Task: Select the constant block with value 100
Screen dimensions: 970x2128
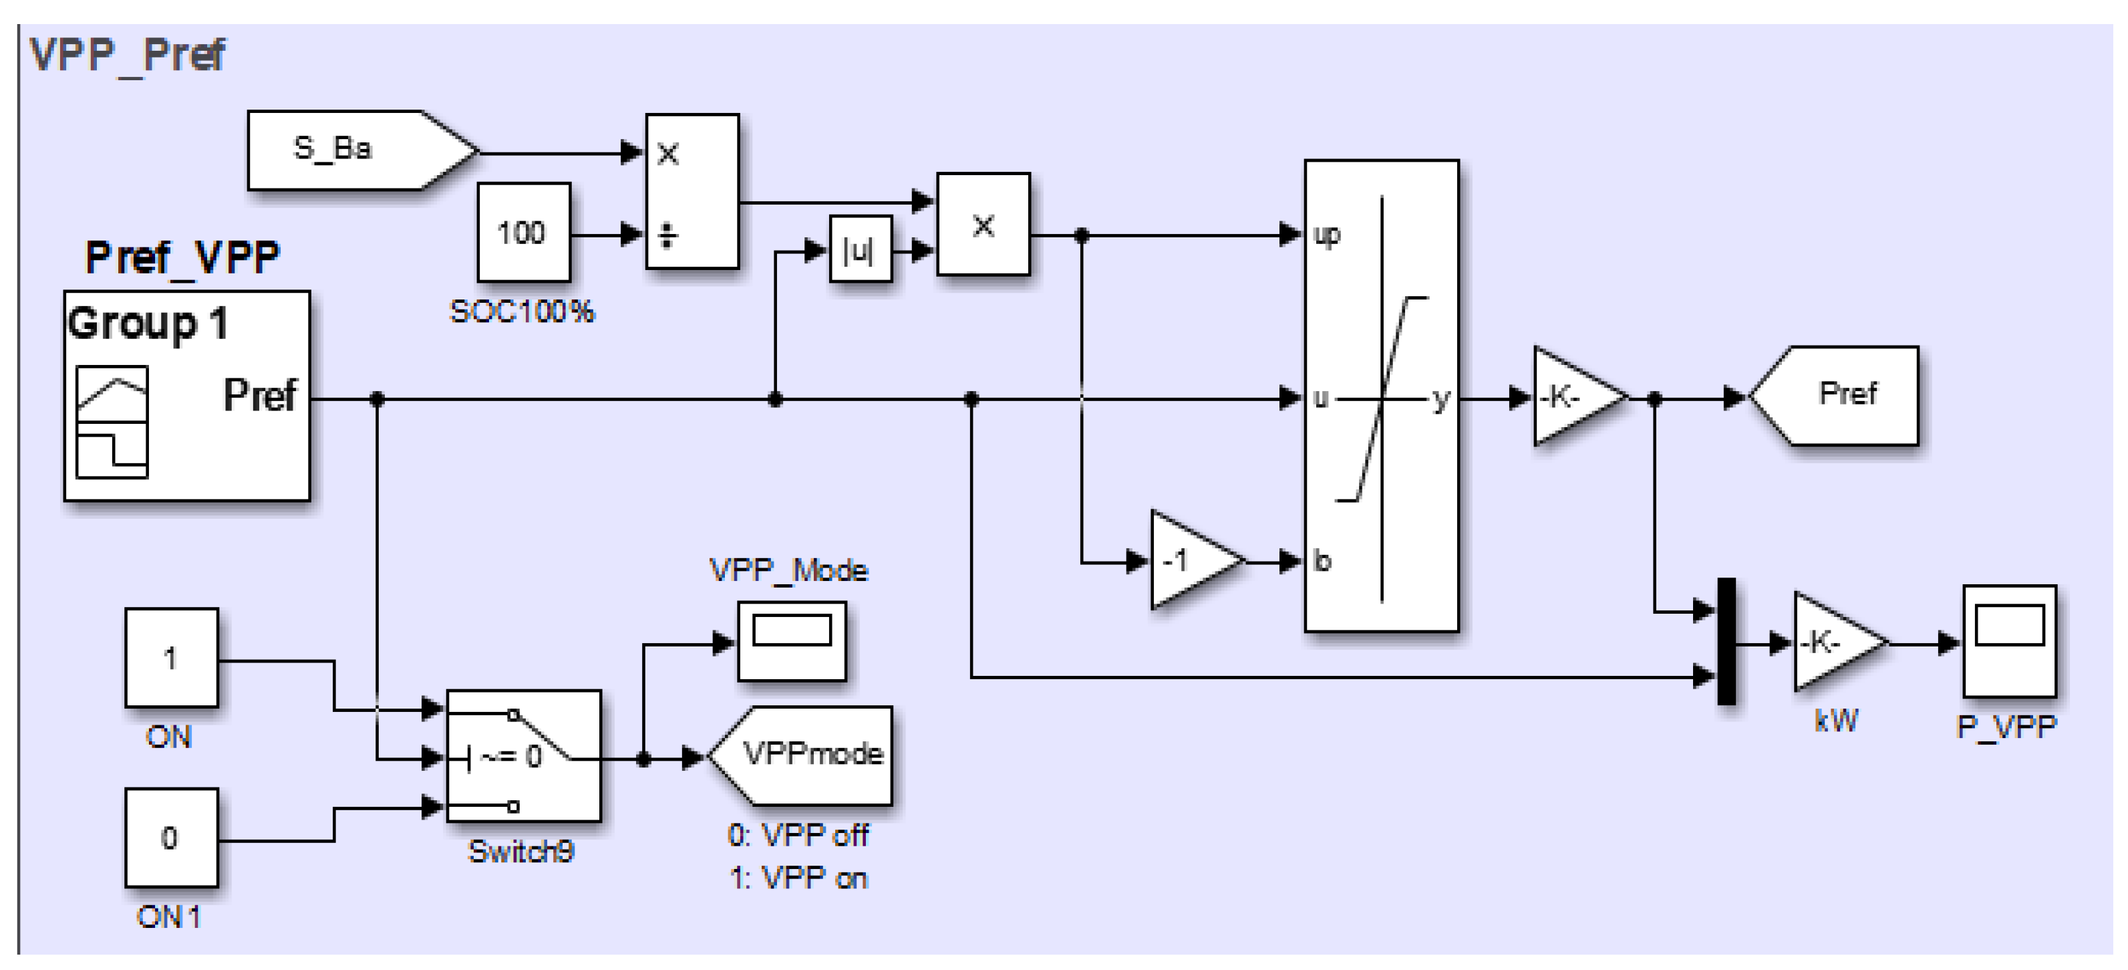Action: (524, 233)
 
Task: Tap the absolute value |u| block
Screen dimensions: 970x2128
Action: (860, 249)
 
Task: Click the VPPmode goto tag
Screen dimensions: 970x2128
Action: (806, 754)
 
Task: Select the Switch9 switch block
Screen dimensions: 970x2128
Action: (524, 755)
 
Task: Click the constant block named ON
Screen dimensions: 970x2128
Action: (171, 658)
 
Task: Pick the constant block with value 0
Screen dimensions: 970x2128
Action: (171, 838)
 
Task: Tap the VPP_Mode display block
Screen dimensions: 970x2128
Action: (791, 641)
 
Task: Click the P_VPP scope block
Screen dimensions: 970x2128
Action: (2008, 641)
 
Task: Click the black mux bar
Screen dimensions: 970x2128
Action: (1726, 641)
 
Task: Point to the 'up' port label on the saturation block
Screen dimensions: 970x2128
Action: (1328, 235)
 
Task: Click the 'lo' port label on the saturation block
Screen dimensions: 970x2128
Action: (1322, 561)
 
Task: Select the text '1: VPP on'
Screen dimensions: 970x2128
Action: (798, 878)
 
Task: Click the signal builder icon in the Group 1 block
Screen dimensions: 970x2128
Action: (112, 422)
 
